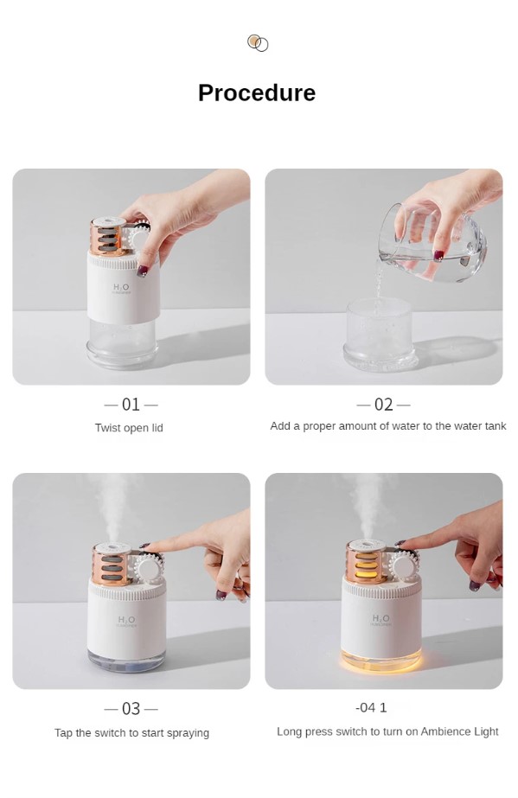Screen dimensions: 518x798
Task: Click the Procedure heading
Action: tap(257, 93)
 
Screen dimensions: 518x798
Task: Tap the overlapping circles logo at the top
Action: tap(258, 43)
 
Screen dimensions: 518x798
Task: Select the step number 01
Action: tap(131, 405)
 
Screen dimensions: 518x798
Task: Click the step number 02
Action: tap(384, 405)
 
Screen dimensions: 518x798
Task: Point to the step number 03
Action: tap(131, 708)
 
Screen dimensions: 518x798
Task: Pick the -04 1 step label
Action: tap(371, 707)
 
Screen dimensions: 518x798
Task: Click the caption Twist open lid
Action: tap(129, 428)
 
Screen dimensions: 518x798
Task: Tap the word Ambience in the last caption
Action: tap(445, 731)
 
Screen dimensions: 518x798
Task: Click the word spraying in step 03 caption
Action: tap(188, 733)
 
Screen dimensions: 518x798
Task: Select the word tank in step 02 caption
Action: tap(496, 426)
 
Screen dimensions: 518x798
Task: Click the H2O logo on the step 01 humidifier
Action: tap(121, 288)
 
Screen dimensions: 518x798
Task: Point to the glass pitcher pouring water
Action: tap(432, 243)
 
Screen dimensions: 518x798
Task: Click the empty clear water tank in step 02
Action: tap(381, 334)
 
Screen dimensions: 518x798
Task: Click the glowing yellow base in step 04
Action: tap(381, 660)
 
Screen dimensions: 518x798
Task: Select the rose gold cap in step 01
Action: tap(108, 236)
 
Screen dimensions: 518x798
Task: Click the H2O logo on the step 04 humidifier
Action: tap(381, 619)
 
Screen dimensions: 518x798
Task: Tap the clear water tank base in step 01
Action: tap(122, 343)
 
